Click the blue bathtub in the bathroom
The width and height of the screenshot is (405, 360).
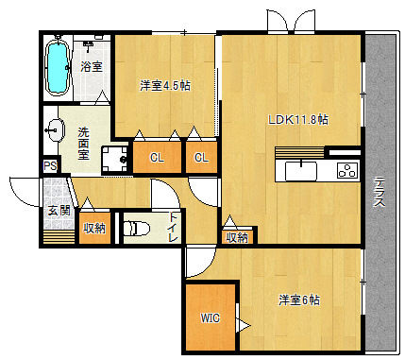[57, 67]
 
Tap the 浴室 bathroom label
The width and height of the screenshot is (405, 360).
[92, 66]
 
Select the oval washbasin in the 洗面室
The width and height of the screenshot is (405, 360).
[56, 129]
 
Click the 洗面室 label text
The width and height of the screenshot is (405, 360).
[84, 144]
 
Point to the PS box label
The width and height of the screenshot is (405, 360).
[50, 166]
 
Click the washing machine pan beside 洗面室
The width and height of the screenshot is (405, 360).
[115, 160]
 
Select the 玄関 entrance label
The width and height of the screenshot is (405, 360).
[59, 211]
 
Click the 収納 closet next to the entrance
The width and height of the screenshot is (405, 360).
[94, 228]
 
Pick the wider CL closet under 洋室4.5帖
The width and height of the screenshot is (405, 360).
[157, 157]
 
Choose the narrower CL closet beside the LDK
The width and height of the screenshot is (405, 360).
[201, 157]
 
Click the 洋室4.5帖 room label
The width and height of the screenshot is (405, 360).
[165, 86]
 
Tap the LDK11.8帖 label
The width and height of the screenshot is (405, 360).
[298, 120]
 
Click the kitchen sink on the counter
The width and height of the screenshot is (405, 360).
[301, 171]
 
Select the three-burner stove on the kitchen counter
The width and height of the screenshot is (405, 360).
[347, 170]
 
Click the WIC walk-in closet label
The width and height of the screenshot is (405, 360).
[211, 318]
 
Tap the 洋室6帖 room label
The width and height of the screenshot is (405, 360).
[299, 300]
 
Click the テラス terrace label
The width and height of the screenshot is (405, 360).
[379, 192]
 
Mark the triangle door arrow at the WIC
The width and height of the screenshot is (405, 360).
[243, 326]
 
